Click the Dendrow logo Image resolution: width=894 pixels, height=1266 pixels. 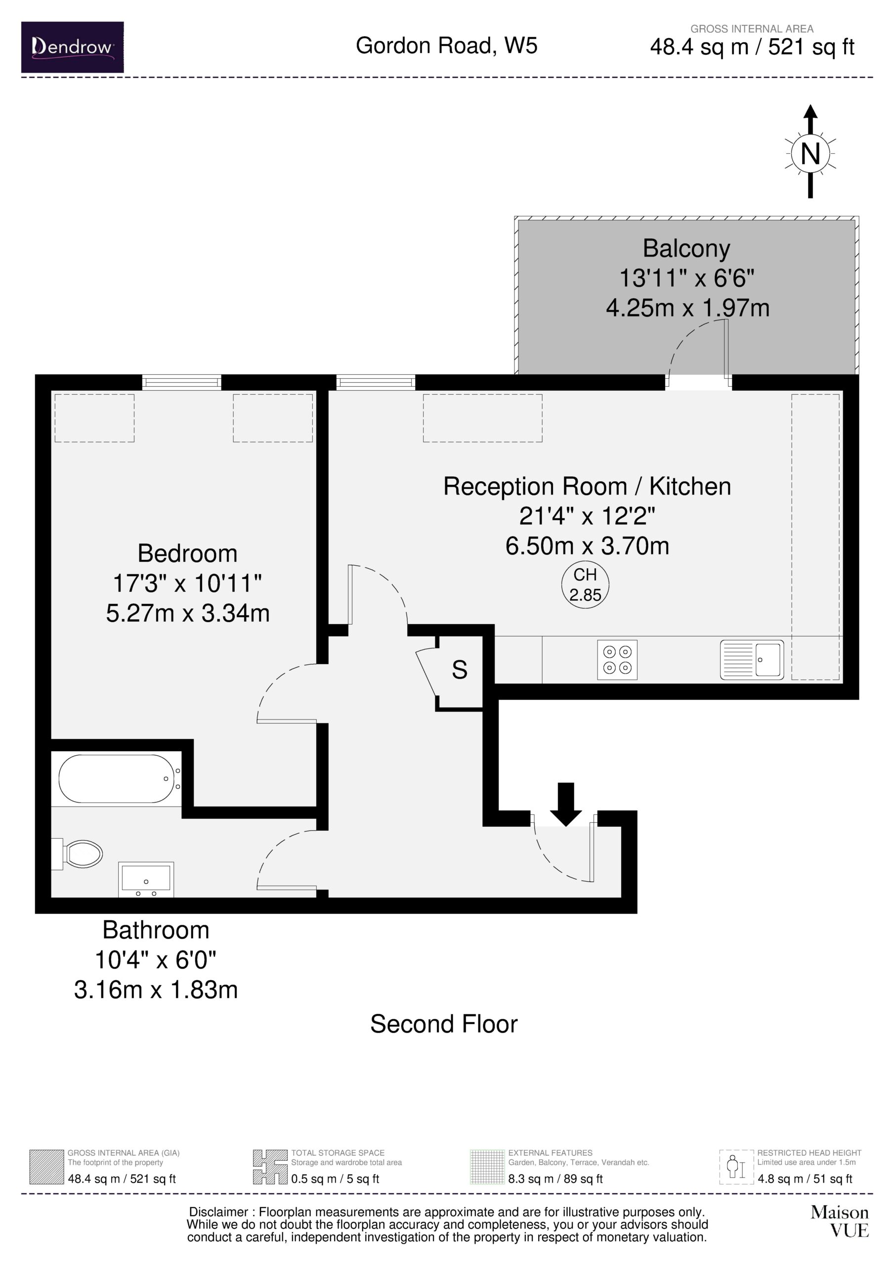72,47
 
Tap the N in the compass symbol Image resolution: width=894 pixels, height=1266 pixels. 809,154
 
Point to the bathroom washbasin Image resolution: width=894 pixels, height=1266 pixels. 146,879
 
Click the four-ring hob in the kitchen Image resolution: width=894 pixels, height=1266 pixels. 617,660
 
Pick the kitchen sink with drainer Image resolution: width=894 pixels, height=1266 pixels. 752,660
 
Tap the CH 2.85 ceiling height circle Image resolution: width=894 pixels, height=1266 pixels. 585,585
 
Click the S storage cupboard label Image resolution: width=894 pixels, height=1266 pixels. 459,670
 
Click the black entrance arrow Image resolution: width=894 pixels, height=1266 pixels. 565,804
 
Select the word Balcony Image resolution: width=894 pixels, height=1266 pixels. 686,249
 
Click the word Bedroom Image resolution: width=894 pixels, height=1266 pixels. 187,553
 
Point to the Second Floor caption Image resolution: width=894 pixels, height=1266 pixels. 444,1024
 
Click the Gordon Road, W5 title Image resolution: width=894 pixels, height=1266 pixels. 446,45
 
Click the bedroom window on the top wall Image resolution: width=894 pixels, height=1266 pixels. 182,382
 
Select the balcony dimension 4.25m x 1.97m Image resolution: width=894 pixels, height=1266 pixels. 687,308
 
